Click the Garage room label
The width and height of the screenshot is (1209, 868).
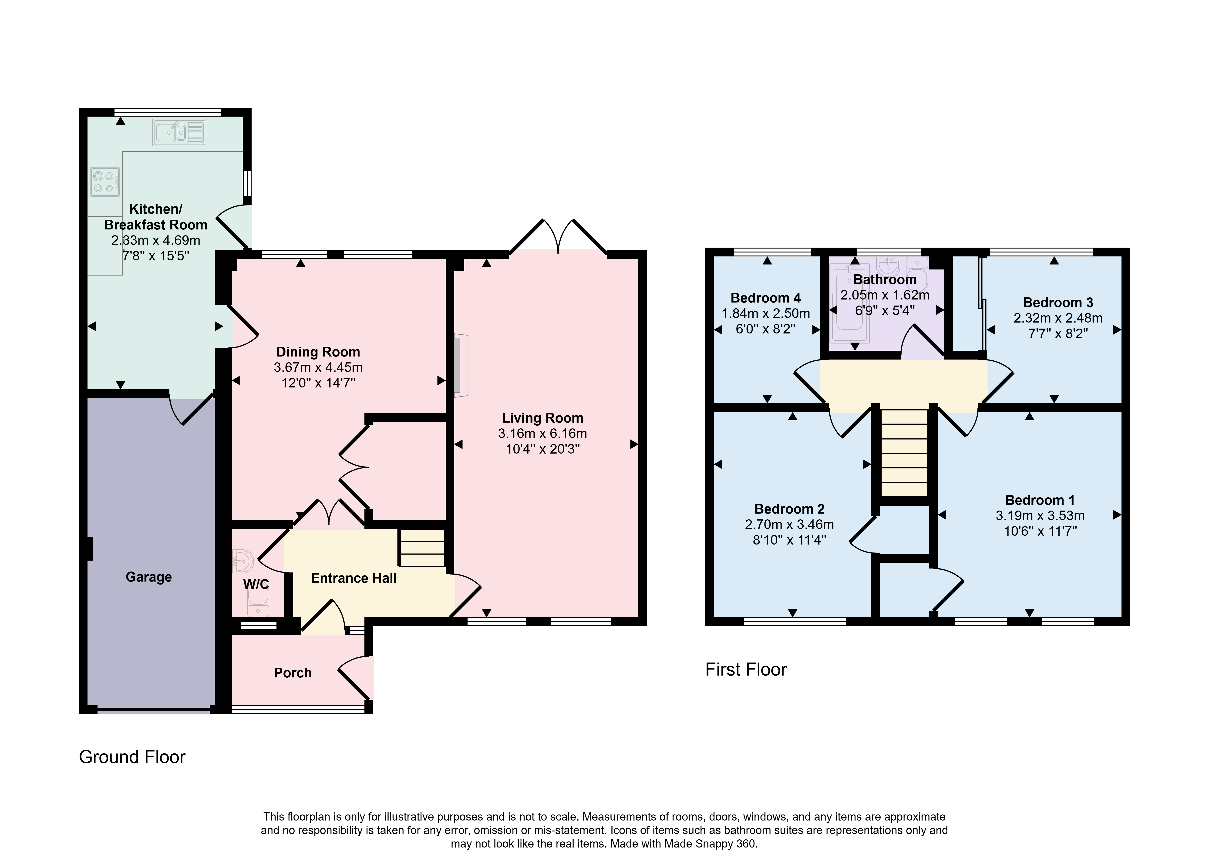[x=149, y=577]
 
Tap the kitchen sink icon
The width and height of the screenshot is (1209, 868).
[x=180, y=132]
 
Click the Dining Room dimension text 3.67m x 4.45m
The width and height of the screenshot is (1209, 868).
[x=318, y=367]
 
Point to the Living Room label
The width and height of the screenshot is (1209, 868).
[x=543, y=418]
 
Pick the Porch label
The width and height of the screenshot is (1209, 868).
[x=293, y=673]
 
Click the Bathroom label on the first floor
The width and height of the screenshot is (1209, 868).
[x=885, y=279]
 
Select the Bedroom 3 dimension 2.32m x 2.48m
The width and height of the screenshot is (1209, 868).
[x=1058, y=318]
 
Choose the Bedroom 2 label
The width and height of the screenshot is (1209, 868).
[x=789, y=509]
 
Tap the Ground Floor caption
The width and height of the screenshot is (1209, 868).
[x=132, y=757]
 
